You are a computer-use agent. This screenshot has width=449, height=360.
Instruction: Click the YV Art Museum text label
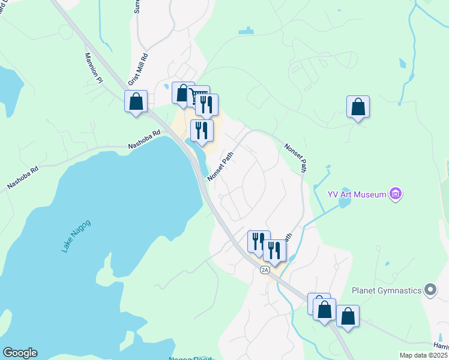click(x=357, y=194)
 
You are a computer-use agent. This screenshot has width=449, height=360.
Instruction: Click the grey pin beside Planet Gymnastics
click(x=430, y=291)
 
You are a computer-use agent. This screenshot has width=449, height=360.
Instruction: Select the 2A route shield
click(x=265, y=270)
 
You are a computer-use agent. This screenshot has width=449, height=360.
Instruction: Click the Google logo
click(x=20, y=353)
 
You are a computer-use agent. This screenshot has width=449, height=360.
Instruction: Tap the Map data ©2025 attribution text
click(x=424, y=355)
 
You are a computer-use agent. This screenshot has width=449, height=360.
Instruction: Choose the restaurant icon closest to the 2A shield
click(x=274, y=250)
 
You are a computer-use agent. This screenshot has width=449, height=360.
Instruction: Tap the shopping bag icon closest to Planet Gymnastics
click(x=348, y=315)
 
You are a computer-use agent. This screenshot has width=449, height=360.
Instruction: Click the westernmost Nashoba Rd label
click(x=22, y=178)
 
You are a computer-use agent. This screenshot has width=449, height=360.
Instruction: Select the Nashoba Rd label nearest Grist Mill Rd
click(x=145, y=141)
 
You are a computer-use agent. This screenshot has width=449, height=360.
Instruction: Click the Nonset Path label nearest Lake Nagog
click(x=220, y=166)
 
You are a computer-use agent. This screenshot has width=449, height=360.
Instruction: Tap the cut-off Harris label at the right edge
click(x=441, y=346)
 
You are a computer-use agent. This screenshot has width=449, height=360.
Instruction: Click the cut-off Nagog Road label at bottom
click(x=190, y=358)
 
